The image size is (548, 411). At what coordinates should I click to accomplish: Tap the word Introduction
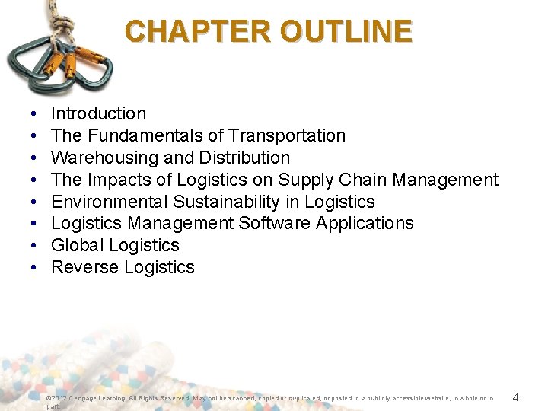(98, 114)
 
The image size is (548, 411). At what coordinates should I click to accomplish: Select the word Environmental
(110, 202)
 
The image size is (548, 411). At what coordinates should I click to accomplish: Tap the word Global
(78, 245)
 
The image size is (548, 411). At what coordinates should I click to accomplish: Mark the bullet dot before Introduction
(35, 114)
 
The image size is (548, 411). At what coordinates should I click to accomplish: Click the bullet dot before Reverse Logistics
(35, 267)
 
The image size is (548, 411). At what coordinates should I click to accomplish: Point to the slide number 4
(515, 397)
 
